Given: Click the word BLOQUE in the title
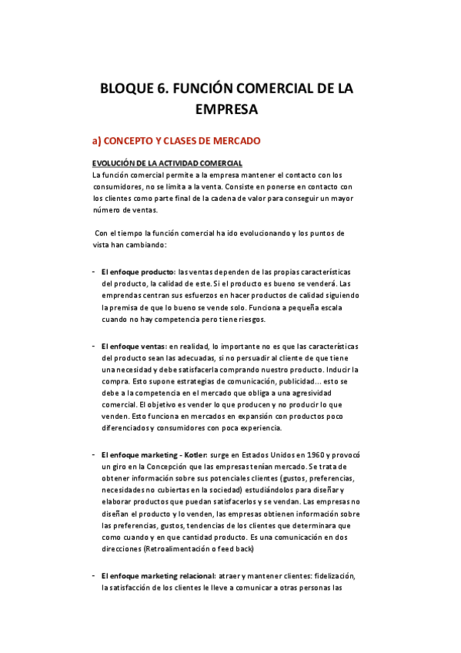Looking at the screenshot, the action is [x=132, y=89].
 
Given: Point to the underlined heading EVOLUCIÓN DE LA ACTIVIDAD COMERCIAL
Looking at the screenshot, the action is [x=167, y=163].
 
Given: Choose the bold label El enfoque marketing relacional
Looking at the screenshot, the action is [x=158, y=576].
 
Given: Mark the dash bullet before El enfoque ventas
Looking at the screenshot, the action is [x=93, y=347].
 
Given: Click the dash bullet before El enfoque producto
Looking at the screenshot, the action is [x=93, y=273].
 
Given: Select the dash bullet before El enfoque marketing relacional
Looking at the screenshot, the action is [x=93, y=576].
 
